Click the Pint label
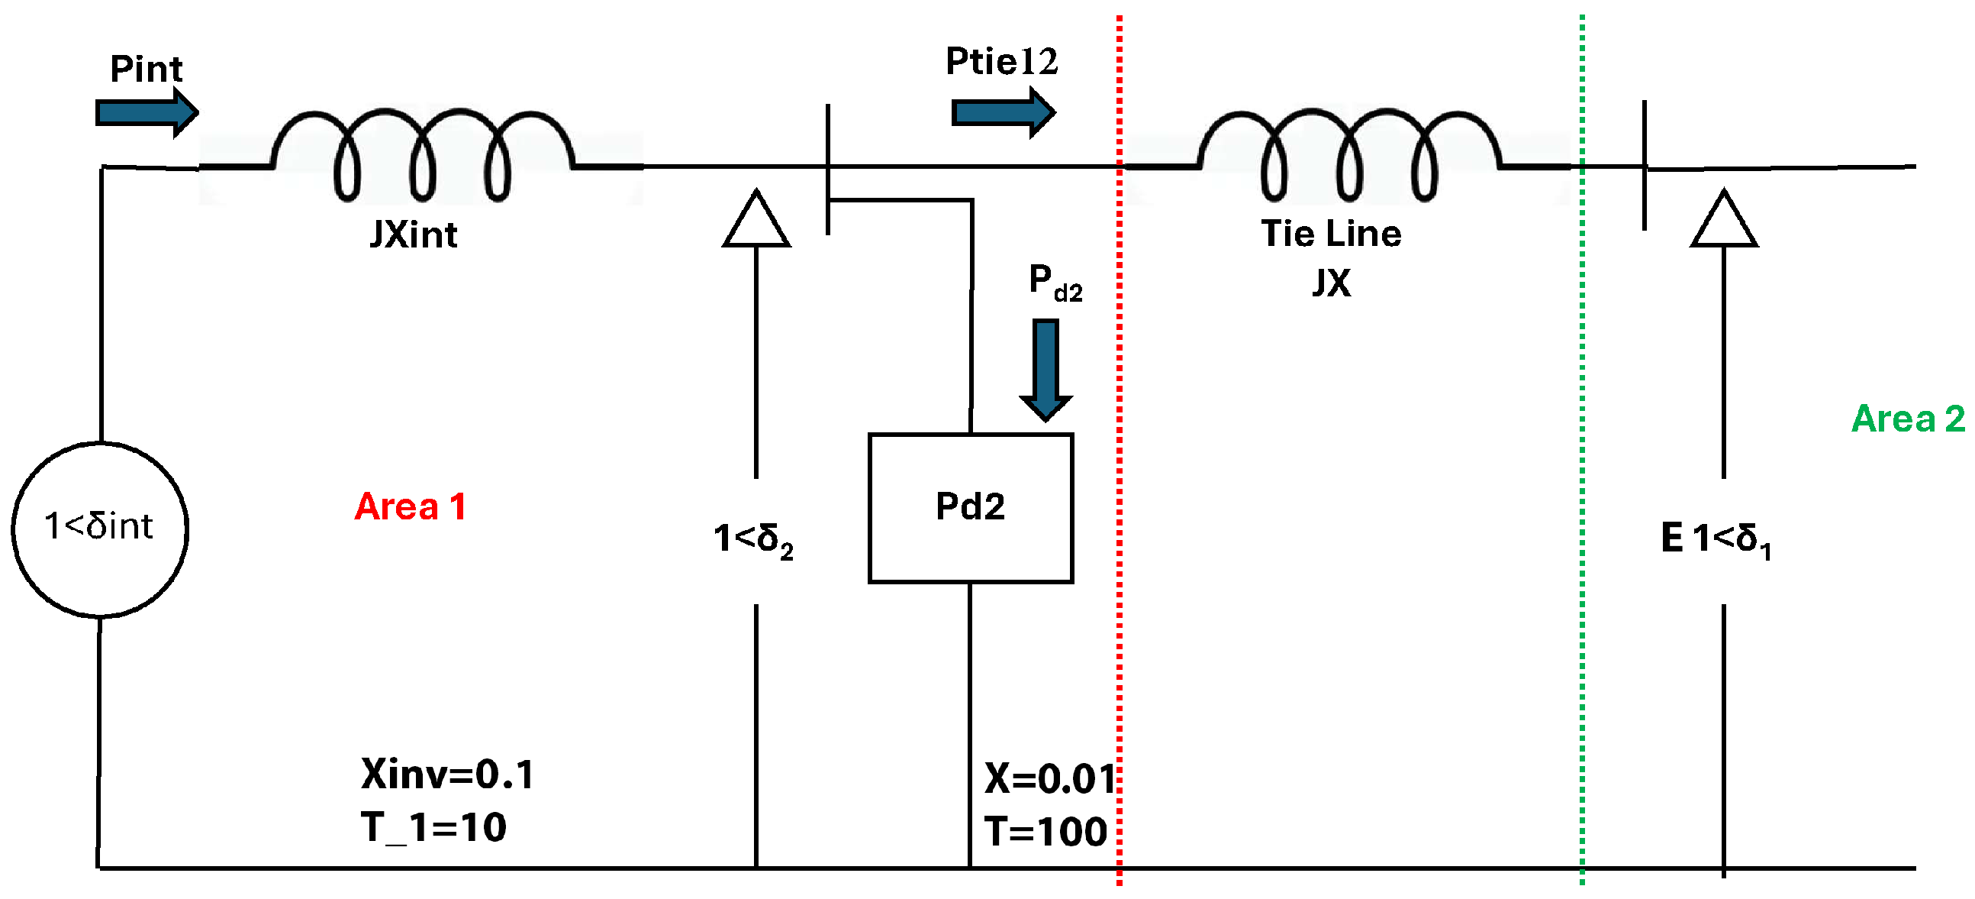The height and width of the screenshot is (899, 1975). pos(147,69)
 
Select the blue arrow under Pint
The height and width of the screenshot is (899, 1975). pos(147,113)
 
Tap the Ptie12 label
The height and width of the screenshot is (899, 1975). pos(1000,61)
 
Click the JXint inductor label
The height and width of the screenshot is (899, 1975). pos(414,234)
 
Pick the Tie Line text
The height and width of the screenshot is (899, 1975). pos(1331,233)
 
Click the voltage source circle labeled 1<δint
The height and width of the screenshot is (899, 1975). pos(100,529)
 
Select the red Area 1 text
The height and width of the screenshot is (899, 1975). pos(410,507)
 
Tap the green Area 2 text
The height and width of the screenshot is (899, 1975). pos(1908,419)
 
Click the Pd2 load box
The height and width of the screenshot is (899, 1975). pos(970,508)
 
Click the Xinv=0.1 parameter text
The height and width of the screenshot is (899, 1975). pos(447,774)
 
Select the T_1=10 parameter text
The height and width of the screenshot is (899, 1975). pos(433,827)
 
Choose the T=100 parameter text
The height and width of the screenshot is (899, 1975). pos(1045,832)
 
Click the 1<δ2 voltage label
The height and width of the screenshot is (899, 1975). pos(753,539)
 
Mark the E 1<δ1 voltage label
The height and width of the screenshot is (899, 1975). pos(1716,539)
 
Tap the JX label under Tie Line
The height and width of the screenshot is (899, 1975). pos(1331,283)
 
